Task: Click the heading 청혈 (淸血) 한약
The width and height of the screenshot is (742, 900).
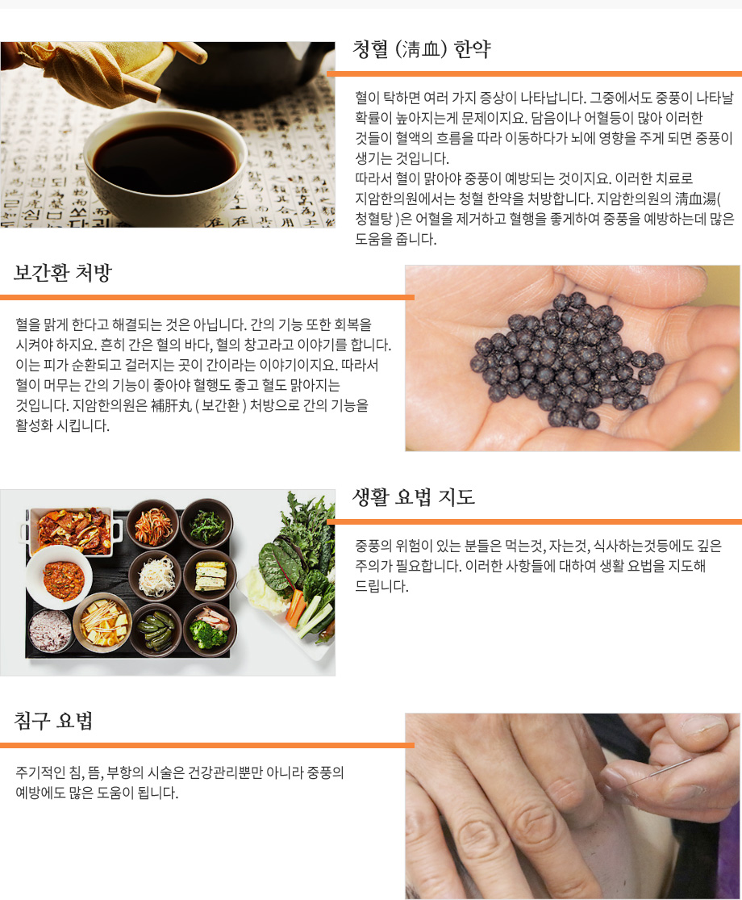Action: (422, 50)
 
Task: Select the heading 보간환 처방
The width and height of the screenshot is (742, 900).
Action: (62, 273)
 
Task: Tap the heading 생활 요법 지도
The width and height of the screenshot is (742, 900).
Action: (414, 497)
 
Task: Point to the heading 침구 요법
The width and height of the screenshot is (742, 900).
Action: (53, 720)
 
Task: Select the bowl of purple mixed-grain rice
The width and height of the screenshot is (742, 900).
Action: (50, 630)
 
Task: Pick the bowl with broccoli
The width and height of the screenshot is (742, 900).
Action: (210, 629)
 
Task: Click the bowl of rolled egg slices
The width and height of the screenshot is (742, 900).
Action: (210, 575)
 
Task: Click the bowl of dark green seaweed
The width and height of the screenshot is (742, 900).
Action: (207, 523)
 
